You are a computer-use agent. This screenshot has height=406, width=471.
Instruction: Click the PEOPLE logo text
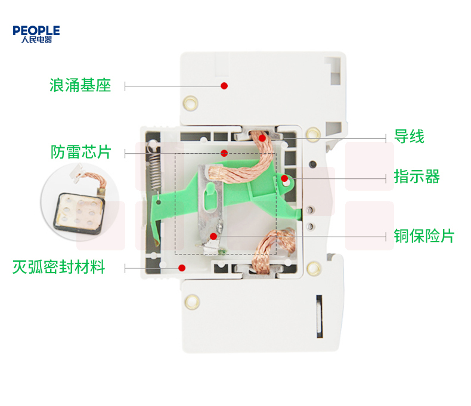pos(36,30)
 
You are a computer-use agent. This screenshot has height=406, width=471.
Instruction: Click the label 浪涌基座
pos(80,85)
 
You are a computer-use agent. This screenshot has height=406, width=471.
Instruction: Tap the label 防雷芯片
pos(80,152)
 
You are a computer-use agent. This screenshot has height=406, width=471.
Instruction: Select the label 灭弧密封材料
pos(58,267)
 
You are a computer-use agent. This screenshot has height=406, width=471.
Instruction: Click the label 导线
pos(409,137)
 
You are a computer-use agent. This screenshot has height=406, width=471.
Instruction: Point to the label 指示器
pos(417,176)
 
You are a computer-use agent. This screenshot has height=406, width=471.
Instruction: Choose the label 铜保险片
pos(424,236)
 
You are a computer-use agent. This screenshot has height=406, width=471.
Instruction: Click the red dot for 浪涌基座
pos(224,86)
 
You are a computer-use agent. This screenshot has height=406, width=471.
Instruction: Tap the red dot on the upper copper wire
pos(262,138)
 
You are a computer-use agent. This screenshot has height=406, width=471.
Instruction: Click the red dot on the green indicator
pos(284,178)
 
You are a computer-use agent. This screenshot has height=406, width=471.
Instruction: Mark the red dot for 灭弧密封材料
pos(182,268)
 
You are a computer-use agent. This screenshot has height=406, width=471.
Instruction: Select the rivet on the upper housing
pos(191,104)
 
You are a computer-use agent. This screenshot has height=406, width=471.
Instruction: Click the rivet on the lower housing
pos(191,302)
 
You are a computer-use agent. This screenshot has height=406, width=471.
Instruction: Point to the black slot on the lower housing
pos(319,315)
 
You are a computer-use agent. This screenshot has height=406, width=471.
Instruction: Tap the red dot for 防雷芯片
pos(224,153)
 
